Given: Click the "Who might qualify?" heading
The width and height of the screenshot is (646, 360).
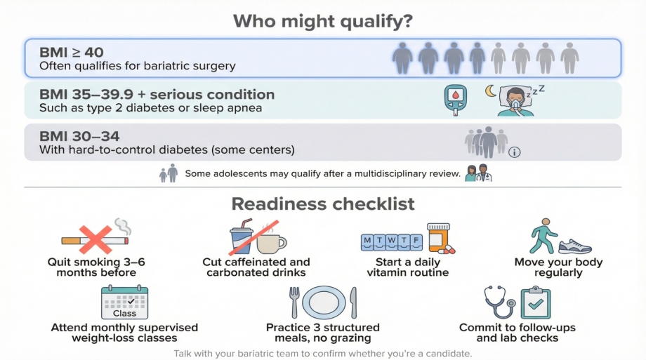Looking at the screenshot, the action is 322,21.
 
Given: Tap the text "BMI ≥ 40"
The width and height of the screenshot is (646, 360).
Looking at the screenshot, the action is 72,53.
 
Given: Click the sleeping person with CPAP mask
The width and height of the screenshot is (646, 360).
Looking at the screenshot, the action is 516,101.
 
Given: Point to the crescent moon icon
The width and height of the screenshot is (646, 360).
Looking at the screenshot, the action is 490,91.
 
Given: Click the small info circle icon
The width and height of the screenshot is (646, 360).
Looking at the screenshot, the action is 514,152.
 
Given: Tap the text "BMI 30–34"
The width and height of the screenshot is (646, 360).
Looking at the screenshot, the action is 79,136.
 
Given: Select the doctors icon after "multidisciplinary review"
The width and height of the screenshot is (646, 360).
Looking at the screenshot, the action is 478,173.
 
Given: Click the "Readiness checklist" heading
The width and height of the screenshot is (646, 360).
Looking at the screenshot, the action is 322,204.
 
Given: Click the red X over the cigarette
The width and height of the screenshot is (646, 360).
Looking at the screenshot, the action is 95,239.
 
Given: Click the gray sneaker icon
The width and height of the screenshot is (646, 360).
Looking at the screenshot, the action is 575,246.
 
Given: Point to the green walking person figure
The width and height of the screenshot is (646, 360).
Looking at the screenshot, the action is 543,236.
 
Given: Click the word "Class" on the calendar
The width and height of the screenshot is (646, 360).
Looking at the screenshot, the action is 124,314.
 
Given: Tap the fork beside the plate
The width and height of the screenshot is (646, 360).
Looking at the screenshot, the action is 294,302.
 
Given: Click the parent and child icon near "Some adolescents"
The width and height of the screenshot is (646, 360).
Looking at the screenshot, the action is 169,173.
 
